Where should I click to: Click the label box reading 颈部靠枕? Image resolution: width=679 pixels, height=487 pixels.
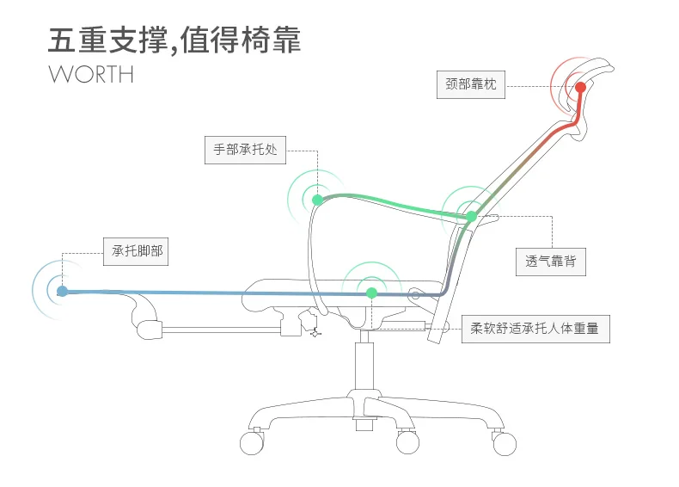[471, 84]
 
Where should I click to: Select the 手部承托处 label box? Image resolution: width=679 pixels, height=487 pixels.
[245, 150]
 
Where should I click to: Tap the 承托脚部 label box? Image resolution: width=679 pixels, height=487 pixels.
[136, 251]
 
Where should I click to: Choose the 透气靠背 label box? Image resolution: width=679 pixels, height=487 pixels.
[550, 262]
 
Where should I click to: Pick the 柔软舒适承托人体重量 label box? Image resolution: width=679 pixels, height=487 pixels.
[535, 330]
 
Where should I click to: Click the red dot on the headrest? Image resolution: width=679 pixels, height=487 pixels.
[580, 88]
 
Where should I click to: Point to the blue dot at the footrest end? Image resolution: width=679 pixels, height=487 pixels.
[63, 291]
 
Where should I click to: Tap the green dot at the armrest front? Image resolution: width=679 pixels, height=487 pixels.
[317, 200]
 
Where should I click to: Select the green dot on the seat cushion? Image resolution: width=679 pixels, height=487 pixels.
[371, 293]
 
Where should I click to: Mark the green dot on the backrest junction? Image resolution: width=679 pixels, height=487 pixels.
[471, 216]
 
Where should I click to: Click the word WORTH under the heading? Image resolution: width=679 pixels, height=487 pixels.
[91, 75]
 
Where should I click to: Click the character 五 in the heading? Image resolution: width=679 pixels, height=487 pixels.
[62, 40]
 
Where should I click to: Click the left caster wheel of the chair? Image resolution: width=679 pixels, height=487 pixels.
[252, 443]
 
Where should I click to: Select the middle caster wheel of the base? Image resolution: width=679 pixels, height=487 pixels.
[407, 442]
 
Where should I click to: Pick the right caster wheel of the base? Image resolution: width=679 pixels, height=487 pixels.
[505, 444]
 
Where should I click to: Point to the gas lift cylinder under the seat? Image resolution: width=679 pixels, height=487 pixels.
[364, 366]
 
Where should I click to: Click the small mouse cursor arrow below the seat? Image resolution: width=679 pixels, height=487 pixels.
[315, 334]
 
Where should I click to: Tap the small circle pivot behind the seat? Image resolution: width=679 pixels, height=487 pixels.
[415, 296]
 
